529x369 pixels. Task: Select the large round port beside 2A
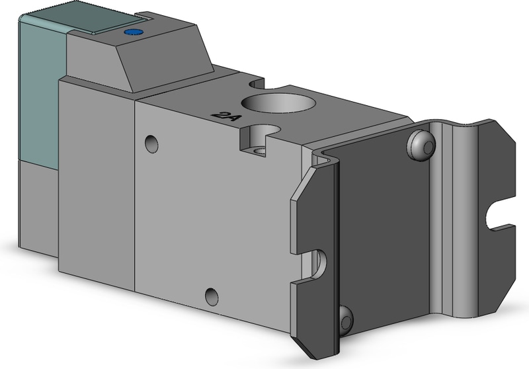pyautogui.click(x=272, y=102)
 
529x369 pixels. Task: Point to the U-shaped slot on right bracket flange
pyautogui.click(x=497, y=218)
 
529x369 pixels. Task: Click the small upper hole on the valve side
pyautogui.click(x=152, y=143)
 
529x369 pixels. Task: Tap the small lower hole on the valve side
pyautogui.click(x=212, y=297)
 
